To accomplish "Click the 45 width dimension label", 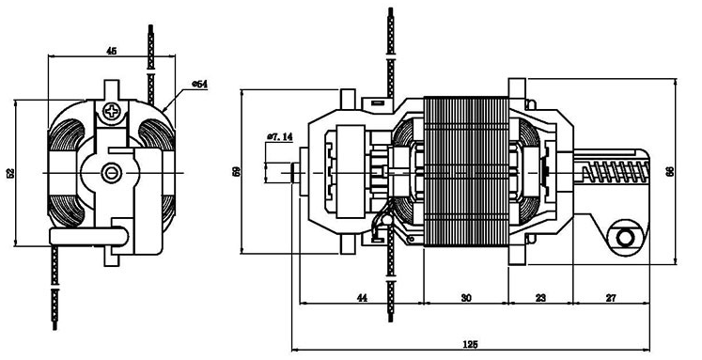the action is pyautogui.click(x=112, y=51).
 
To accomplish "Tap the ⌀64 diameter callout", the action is pyautogui.click(x=199, y=85).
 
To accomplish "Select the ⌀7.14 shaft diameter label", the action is pyautogui.click(x=280, y=136).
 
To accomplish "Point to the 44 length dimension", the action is pyautogui.click(x=362, y=297).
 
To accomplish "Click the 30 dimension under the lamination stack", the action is pyautogui.click(x=466, y=297).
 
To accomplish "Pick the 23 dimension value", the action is pyautogui.click(x=540, y=297).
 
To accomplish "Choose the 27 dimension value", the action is pyautogui.click(x=611, y=297).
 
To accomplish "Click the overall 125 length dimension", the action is pyautogui.click(x=470, y=344).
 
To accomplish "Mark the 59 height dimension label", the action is pyautogui.click(x=237, y=171).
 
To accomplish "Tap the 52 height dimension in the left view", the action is pyautogui.click(x=10, y=173).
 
